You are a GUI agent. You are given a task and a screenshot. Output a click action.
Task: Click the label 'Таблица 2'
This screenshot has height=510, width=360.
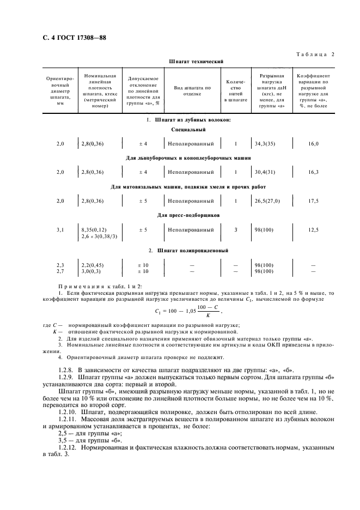pyautogui.click(x=315, y=53)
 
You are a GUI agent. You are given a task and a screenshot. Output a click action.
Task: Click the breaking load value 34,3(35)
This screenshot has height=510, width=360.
pyautogui.click(x=265, y=144)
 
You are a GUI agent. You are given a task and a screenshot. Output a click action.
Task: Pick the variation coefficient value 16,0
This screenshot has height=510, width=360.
pyautogui.click(x=313, y=144)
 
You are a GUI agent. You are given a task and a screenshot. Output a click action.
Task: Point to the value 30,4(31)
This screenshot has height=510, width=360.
pyautogui.click(x=265, y=172)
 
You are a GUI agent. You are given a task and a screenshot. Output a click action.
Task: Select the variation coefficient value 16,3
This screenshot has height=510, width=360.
pyautogui.click(x=313, y=172)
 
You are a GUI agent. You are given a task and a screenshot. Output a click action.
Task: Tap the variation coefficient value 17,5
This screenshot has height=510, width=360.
pyautogui.click(x=313, y=201)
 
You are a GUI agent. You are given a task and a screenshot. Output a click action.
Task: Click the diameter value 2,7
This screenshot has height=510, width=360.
pyautogui.click(x=60, y=271)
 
